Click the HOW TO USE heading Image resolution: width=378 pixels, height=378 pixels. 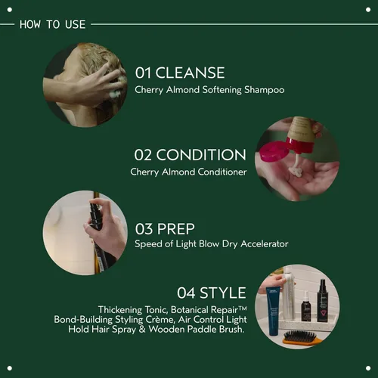point(52,24)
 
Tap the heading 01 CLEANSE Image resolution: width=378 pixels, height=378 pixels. point(180,73)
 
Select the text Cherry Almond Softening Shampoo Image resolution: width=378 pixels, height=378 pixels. point(209,90)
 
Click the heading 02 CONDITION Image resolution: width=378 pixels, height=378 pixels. point(190,155)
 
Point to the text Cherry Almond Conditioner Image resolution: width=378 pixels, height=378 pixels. point(188,172)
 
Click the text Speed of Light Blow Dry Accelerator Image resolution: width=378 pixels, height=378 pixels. point(211,244)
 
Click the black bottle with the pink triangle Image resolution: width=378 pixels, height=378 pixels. point(323,302)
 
